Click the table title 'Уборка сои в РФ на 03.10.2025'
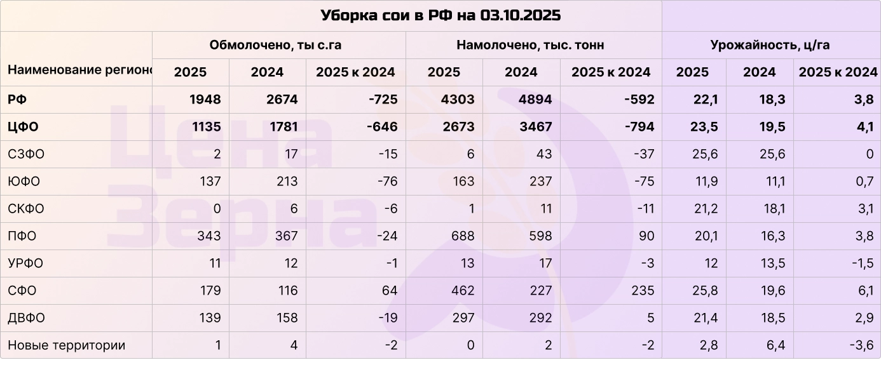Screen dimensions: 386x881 pos(440,15)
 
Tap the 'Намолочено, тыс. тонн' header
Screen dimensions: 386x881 pos(530,45)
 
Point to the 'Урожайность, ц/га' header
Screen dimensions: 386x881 pos(770,45)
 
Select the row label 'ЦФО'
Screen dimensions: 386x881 pos(23,127)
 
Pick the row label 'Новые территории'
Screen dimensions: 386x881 pos(66,345)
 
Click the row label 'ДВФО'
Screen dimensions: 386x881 pos(26,318)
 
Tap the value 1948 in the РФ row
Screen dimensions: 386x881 pos(205,100)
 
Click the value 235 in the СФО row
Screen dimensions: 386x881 pos(643,291)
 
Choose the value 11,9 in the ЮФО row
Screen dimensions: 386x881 pos(706,182)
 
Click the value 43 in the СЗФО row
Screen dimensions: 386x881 pos(543,154)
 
